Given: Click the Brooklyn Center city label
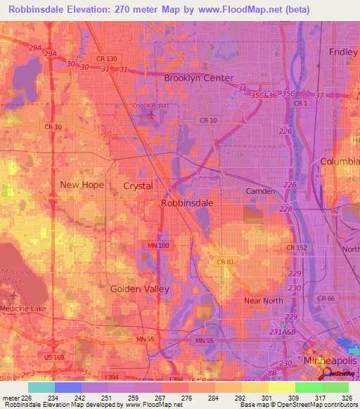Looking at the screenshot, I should (198, 78).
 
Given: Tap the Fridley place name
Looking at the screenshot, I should (343, 52).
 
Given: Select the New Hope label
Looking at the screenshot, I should (82, 185).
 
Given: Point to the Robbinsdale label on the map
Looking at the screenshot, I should (187, 202).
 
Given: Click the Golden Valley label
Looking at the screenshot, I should (136, 289).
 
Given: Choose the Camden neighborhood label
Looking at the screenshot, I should (260, 191).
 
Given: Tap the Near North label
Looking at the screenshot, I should (263, 301).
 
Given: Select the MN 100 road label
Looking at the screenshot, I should (158, 244).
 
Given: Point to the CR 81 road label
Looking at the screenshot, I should (226, 262).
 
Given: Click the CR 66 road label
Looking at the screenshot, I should (327, 299).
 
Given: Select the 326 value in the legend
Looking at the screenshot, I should (345, 397).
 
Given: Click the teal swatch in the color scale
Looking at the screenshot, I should (41, 387).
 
